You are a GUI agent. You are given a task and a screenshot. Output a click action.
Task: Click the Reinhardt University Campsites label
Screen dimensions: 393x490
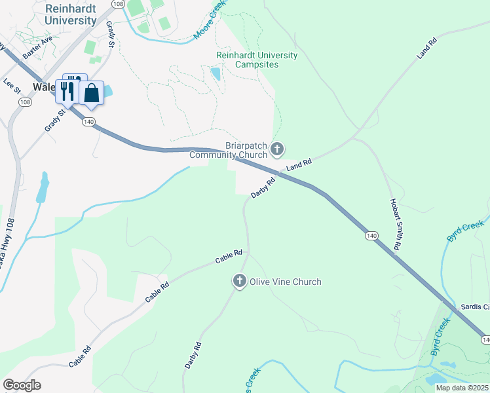pyautogui.click(x=257, y=60)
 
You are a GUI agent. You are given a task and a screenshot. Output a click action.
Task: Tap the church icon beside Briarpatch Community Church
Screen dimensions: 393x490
pyautogui.click(x=277, y=150)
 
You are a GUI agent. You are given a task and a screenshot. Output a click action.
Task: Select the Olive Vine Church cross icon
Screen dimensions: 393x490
pyautogui.click(x=239, y=282)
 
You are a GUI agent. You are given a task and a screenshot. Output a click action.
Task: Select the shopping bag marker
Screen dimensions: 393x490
pyautogui.click(x=92, y=93)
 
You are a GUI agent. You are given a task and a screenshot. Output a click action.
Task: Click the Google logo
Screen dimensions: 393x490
pyautogui.click(x=22, y=385)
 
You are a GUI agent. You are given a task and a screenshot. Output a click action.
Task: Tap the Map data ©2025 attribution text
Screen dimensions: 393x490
pyautogui.click(x=462, y=388)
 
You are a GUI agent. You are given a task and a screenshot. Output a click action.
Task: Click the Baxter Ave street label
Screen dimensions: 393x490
pyautogui.click(x=37, y=48)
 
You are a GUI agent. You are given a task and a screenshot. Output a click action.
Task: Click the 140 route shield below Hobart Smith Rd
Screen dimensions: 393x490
pyautogui.click(x=371, y=235)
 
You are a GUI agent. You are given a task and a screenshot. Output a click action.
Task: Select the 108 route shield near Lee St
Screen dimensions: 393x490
pyautogui.click(x=25, y=102)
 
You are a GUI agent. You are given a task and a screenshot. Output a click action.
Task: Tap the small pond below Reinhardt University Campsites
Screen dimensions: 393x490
pyautogui.click(x=216, y=73)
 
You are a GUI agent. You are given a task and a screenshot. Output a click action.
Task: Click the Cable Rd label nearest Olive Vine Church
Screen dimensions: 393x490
pyautogui.click(x=229, y=256)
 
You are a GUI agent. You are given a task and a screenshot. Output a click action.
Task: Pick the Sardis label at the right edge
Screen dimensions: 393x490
pyautogui.click(x=475, y=307)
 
